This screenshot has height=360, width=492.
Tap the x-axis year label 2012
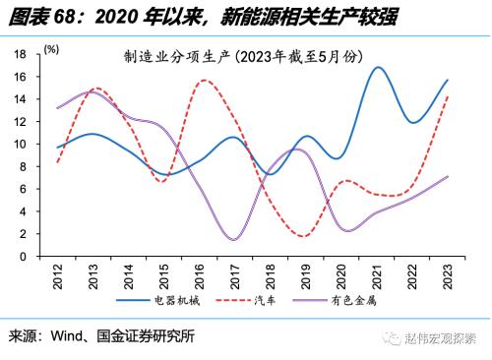pos(59,276)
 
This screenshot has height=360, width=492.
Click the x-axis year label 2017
pos(235,276)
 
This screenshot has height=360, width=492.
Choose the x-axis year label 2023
pos(448,276)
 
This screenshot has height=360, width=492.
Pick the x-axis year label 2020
pos(341,276)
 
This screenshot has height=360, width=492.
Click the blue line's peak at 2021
pos(378,67)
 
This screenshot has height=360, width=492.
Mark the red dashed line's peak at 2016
pos(204,81)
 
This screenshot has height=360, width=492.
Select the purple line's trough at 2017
pos(233,239)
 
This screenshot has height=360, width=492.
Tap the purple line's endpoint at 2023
pos(448,177)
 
